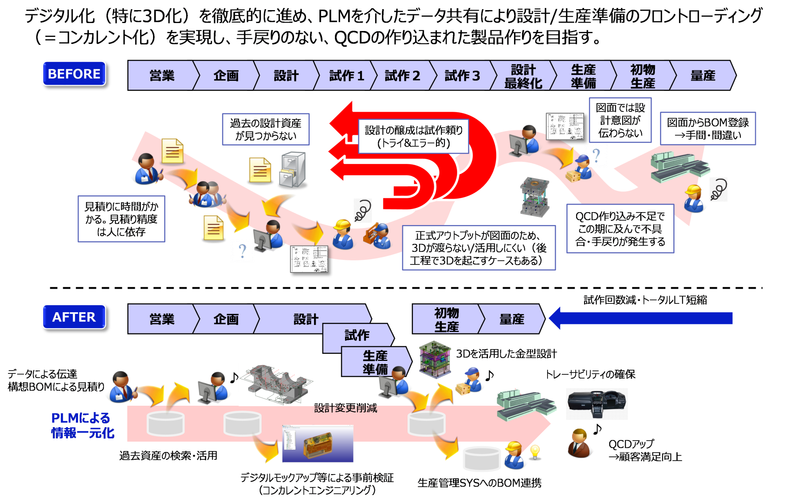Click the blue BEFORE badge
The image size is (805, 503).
click(74, 73)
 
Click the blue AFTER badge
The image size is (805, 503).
click(74, 316)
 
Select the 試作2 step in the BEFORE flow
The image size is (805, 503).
click(402, 75)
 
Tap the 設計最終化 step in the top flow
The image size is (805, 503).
click(523, 76)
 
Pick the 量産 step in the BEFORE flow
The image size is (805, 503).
click(703, 76)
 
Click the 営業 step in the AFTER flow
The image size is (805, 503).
click(162, 319)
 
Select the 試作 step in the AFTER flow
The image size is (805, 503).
click(357, 335)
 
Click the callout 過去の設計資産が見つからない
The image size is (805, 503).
click(265, 129)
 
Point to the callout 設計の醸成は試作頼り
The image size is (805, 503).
click(413, 137)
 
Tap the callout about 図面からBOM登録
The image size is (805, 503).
click(708, 129)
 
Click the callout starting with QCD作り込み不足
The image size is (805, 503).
click(620, 229)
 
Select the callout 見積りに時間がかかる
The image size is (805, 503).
click(121, 219)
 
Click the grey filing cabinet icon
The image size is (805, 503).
click(293, 170)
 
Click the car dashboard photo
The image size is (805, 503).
click(597, 404)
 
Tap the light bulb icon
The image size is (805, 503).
click(535, 452)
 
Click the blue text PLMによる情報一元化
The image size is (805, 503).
click(82, 425)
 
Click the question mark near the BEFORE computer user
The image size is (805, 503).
click(242, 251)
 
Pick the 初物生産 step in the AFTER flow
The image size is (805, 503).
click(446, 319)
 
